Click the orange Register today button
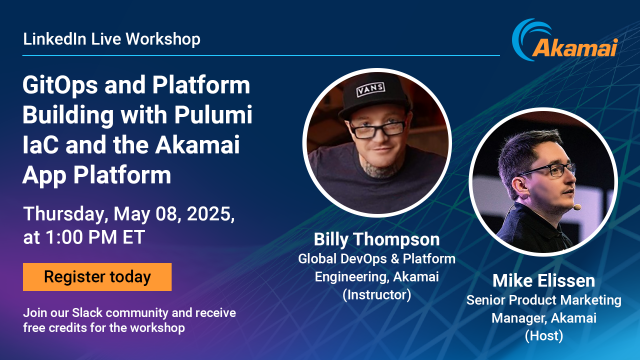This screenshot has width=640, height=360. point(97,277)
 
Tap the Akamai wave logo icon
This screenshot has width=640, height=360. point(528,38)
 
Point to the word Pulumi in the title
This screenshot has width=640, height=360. point(216,115)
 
